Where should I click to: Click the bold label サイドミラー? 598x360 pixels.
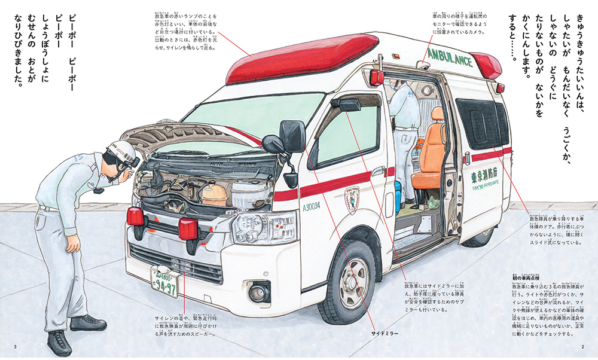[385, 332]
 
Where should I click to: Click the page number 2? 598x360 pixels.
[582, 348]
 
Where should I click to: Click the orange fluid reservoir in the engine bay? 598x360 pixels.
[213, 193]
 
